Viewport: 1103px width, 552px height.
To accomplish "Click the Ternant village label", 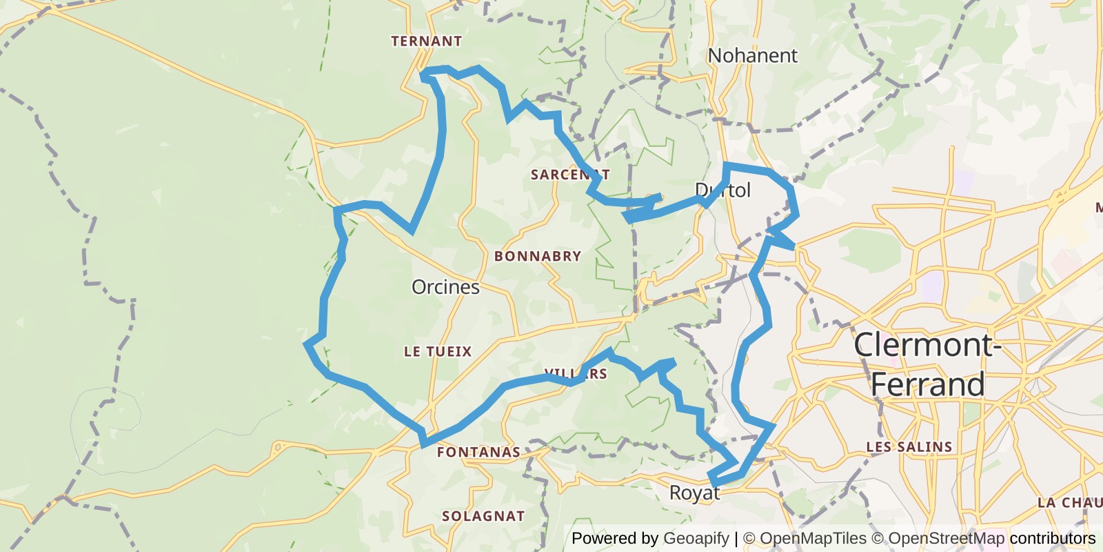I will pyautogui.click(x=426, y=41).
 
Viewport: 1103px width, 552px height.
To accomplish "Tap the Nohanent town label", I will pyautogui.click(x=752, y=55).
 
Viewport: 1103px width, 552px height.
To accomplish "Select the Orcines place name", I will pyautogui.click(x=445, y=287).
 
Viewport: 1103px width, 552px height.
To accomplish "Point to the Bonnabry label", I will pyautogui.click(x=538, y=256).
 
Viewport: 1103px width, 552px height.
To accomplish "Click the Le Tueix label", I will pyautogui.click(x=438, y=352).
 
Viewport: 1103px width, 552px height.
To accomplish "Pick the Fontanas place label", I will pyautogui.click(x=478, y=453).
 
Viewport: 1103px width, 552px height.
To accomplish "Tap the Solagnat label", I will pyautogui.click(x=483, y=516).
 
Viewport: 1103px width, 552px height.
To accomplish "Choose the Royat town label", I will pyautogui.click(x=694, y=493).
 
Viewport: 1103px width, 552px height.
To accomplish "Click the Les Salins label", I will pyautogui.click(x=909, y=447).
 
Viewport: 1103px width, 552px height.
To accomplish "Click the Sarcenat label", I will pyautogui.click(x=569, y=175).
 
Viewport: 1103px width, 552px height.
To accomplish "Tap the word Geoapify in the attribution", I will pyautogui.click(x=696, y=538).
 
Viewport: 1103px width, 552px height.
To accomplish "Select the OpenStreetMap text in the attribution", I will pyautogui.click(x=946, y=538).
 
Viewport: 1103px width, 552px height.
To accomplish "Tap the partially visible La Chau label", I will pyautogui.click(x=1069, y=502).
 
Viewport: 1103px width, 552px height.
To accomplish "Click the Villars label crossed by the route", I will pyautogui.click(x=576, y=374).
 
